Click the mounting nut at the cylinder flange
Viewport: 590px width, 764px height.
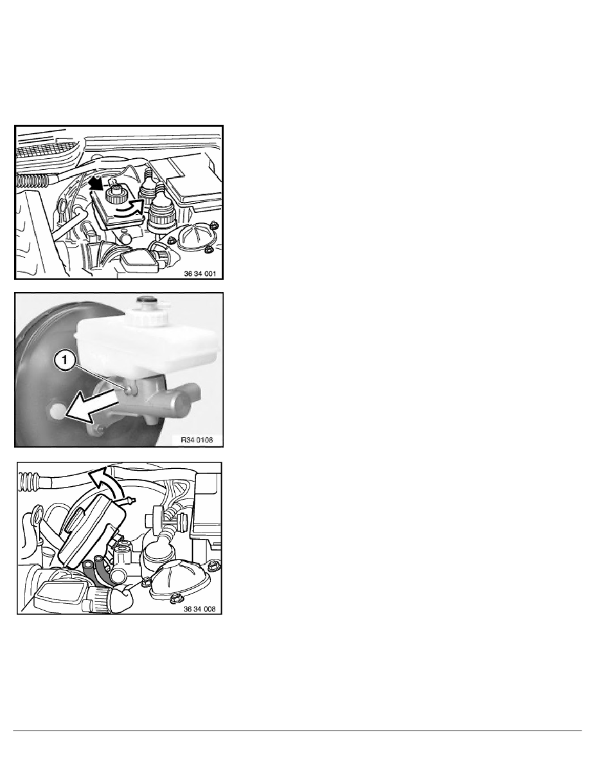coord(98,430)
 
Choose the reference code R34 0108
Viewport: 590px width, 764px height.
coord(199,440)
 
